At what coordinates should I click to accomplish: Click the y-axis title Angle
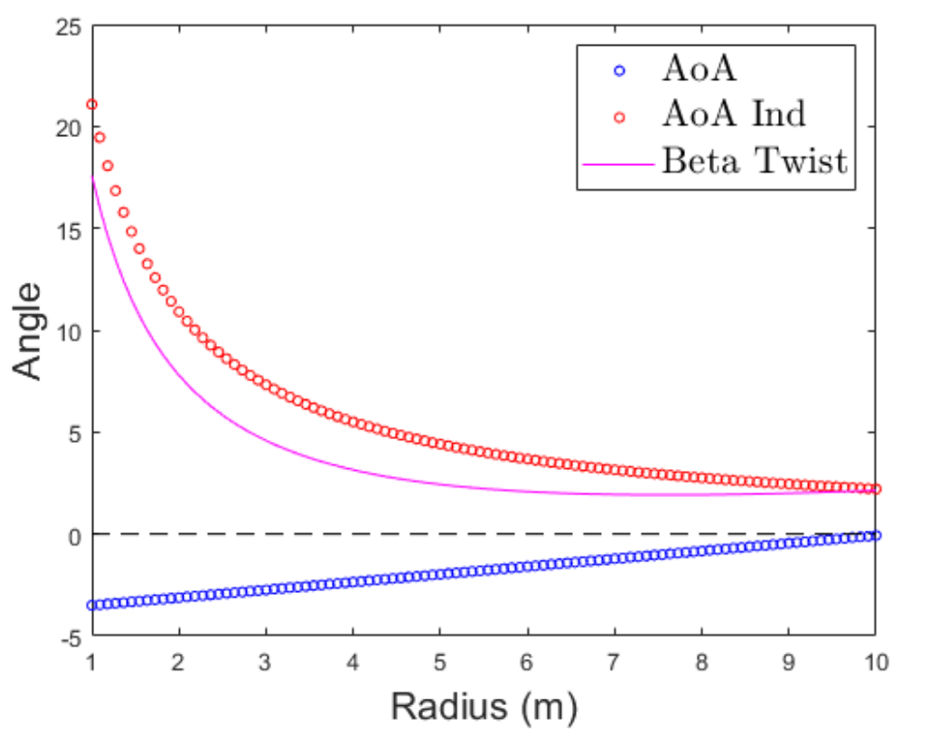pos(29,331)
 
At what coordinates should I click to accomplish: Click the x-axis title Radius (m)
pos(484,705)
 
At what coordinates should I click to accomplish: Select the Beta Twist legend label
pos(755,162)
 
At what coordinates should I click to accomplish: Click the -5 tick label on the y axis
pos(68,636)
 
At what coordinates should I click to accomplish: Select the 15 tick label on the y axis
pos(68,229)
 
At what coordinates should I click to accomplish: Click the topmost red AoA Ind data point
pos(91,104)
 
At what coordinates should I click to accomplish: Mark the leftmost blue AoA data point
pos(91,605)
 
